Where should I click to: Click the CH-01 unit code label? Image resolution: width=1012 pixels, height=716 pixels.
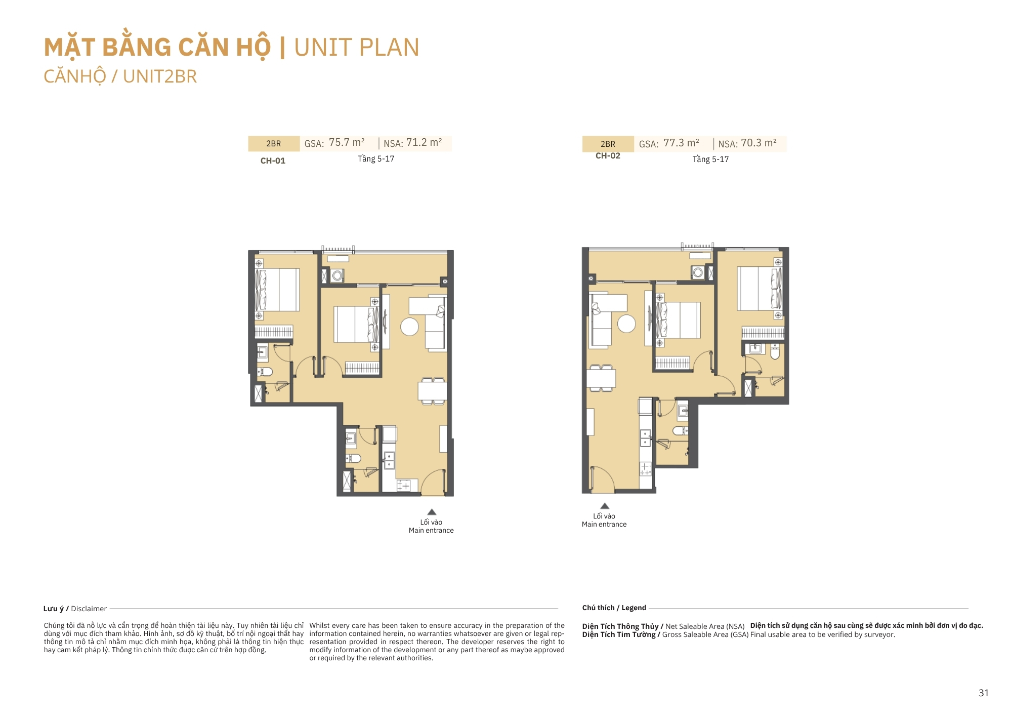tap(273, 161)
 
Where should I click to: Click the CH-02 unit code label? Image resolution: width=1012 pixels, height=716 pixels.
tap(608, 155)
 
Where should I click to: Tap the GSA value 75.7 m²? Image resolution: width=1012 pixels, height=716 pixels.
tap(347, 142)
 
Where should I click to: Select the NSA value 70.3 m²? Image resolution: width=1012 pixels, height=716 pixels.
tap(758, 143)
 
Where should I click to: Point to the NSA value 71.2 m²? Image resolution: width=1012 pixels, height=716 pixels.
tap(424, 142)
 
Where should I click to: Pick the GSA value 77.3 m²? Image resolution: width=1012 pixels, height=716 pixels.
tap(681, 143)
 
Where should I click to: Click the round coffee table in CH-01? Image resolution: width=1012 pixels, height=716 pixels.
tap(409, 327)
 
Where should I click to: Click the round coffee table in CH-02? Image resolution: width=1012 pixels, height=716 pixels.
tap(626, 324)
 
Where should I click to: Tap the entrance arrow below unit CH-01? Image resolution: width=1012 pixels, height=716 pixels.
tap(432, 512)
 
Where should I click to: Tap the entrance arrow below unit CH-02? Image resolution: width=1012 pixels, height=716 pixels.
tap(605, 506)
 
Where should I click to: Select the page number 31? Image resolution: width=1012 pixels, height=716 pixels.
tap(983, 693)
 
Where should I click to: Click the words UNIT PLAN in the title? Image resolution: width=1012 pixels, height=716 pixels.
tap(356, 47)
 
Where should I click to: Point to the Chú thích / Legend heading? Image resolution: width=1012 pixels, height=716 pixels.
tap(614, 608)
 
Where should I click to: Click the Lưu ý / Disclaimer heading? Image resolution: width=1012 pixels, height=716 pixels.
tap(75, 609)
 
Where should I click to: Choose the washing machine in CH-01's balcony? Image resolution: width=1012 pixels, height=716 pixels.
tap(338, 275)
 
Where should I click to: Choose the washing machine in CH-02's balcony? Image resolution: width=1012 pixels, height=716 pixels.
tap(698, 272)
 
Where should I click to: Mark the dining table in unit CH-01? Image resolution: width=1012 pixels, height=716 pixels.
tap(432, 390)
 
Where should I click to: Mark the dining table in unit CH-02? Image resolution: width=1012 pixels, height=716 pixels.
tap(601, 378)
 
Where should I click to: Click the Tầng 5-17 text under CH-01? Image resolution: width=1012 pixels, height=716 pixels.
tap(376, 158)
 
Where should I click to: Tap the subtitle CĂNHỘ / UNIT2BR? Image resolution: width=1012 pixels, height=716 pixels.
tap(120, 76)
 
